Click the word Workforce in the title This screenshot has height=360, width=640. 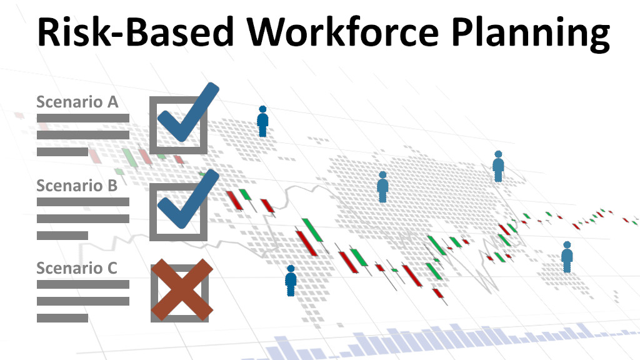tap(343, 31)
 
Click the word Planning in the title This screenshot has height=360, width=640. tap(531, 34)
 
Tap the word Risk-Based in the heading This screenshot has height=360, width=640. tap(136, 31)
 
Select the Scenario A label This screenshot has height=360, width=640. tap(77, 102)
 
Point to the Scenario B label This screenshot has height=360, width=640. tap(77, 185)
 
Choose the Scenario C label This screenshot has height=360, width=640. tap(77, 268)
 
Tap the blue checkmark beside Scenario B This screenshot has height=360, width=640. tap(188, 199)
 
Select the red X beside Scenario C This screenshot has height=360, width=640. tap(182, 289)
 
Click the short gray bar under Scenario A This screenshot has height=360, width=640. tap(62, 152)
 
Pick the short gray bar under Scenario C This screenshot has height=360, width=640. tap(62, 318)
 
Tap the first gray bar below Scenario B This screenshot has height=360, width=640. tap(83, 202)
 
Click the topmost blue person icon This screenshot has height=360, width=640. tap(262, 121)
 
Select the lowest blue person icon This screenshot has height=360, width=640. tap(291, 281)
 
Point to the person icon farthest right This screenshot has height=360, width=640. tap(567, 257)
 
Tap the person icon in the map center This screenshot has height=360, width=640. tap(382, 187)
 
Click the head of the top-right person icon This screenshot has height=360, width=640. tap(498, 154)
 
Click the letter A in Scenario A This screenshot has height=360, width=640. tap(112, 102)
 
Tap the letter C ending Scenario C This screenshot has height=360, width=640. tap(112, 268)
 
